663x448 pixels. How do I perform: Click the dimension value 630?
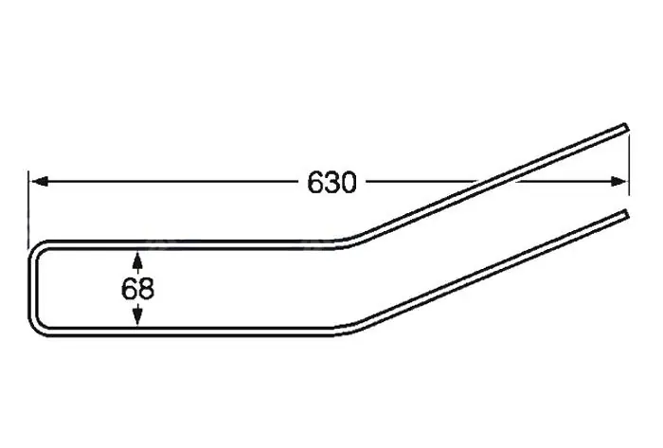coord(331,183)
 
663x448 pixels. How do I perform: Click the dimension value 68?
coord(137,289)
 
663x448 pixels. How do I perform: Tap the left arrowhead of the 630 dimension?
coord(40,182)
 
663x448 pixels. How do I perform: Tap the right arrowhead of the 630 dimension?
coord(618,182)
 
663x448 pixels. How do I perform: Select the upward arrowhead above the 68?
coord(136,260)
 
